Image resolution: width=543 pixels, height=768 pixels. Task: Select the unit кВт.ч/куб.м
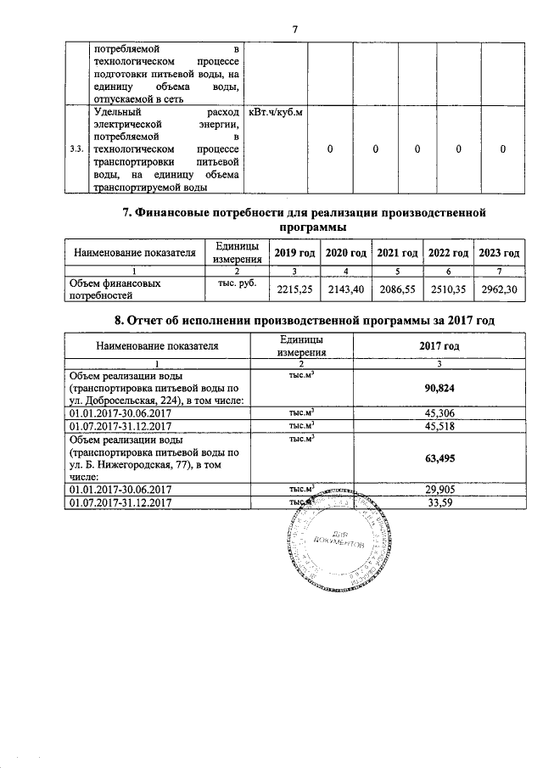click(276, 112)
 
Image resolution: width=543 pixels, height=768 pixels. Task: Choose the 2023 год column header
click(499, 253)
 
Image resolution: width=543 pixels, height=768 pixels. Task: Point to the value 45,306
click(440, 412)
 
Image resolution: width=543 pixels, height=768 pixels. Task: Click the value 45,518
click(440, 425)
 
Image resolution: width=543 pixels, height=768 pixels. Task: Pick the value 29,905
click(440, 491)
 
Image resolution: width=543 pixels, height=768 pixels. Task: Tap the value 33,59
click(440, 503)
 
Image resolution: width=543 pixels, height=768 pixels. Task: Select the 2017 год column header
click(440, 345)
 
